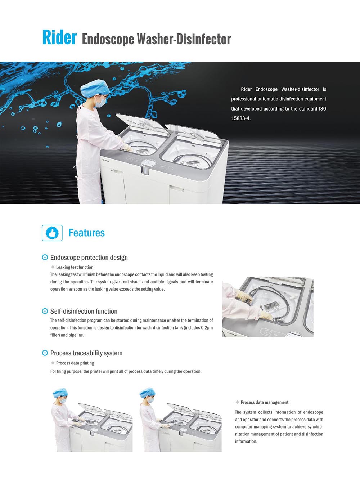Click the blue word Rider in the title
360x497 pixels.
[59, 37]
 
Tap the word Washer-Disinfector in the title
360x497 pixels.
[184, 39]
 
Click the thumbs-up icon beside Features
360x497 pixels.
[52, 233]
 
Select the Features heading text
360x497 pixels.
[86, 233]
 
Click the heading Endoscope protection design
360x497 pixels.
[89, 258]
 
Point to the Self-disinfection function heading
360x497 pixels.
[84, 311]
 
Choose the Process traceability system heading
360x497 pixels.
[86, 353]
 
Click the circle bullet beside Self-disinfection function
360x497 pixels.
[45, 311]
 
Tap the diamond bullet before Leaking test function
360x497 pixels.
[53, 267]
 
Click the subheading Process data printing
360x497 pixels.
[75, 363]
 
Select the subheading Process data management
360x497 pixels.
[264, 402]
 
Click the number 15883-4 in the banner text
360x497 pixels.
[241, 118]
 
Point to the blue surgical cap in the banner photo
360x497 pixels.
[95, 88]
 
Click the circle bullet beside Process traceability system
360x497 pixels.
[45, 353]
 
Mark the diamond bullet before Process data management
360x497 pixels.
[237, 402]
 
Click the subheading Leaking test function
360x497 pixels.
[75, 267]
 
